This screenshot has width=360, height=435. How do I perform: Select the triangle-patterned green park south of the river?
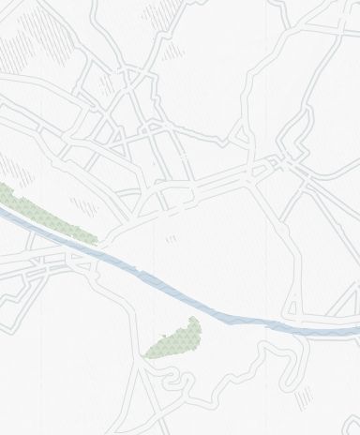176,339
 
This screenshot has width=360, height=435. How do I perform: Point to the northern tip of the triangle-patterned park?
193,319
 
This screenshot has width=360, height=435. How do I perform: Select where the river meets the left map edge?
3,214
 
